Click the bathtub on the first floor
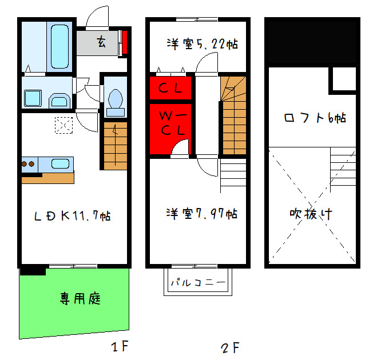tap(59, 45)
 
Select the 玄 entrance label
tap(101, 42)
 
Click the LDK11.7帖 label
tap(72, 216)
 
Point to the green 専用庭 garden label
tap(81, 298)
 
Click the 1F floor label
tap(120, 347)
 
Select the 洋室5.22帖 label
tap(201, 43)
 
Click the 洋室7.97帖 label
tap(201, 214)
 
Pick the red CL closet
tap(170, 88)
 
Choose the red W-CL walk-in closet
tap(170, 122)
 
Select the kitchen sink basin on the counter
tap(60, 163)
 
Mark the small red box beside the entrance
tap(124, 43)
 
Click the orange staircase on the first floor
tap(114, 146)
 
